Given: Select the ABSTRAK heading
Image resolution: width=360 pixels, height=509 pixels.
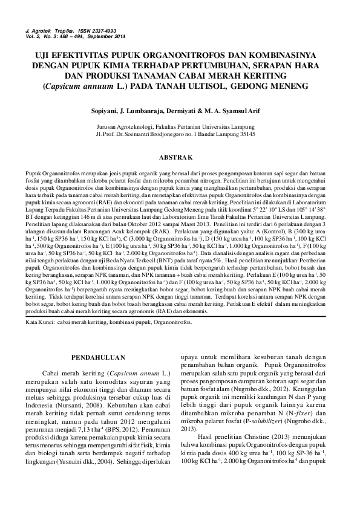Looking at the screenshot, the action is [x=180, y=158].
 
